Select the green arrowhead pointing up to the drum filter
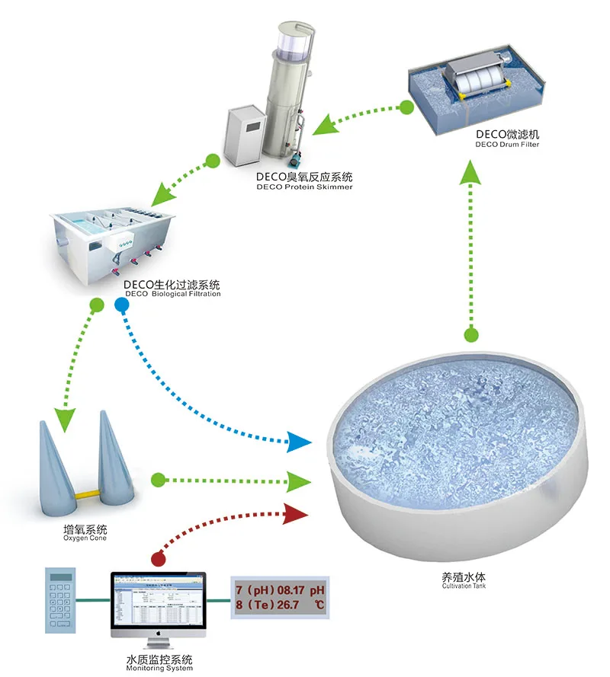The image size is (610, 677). point(473,176)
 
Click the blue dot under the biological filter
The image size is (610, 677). point(120,305)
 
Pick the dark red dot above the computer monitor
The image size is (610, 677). point(159,558)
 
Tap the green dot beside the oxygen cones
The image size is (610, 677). point(158,480)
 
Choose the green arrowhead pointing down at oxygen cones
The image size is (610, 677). point(66,417)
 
